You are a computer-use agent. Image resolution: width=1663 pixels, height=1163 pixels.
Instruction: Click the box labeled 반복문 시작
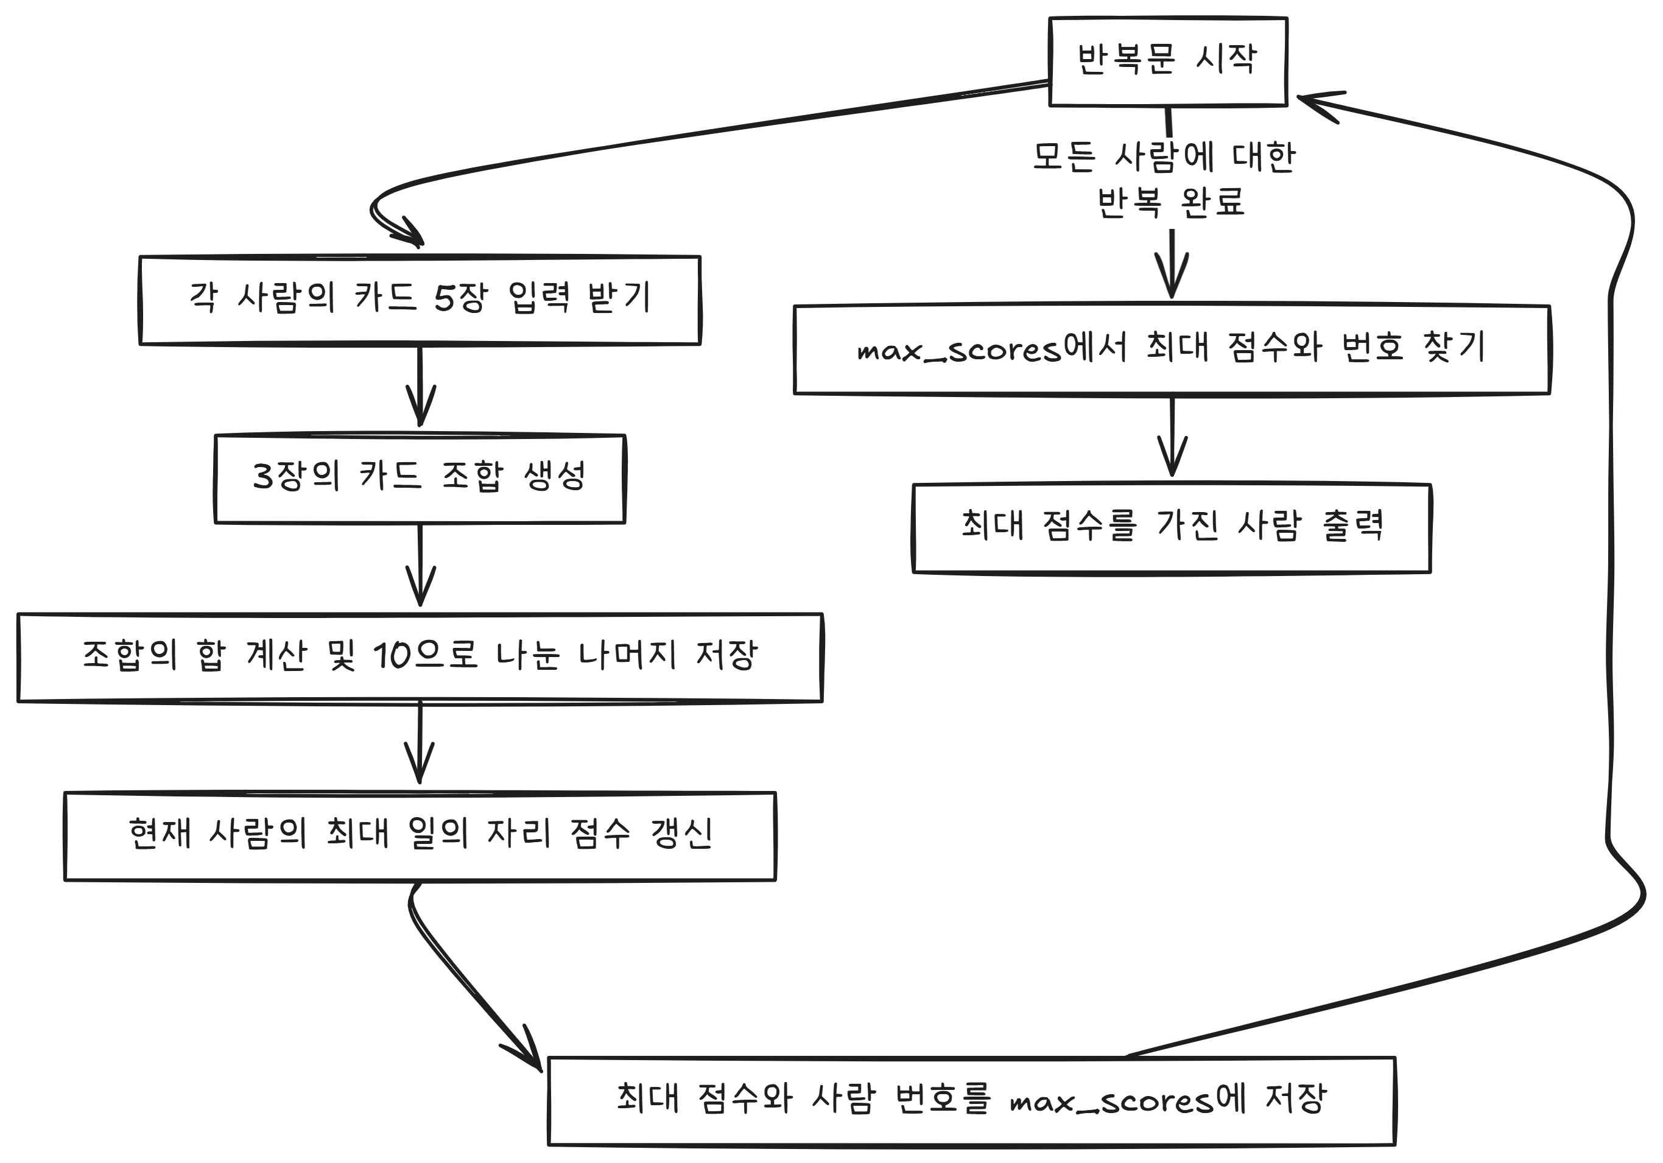(1167, 61)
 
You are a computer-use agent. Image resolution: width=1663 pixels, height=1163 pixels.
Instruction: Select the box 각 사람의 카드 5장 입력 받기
(420, 300)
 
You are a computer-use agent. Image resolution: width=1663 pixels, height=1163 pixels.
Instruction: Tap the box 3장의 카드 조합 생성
(420, 479)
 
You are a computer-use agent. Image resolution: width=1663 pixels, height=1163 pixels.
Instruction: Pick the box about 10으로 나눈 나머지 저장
(420, 658)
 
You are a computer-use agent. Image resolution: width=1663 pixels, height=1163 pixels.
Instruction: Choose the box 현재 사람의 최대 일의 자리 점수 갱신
(420, 837)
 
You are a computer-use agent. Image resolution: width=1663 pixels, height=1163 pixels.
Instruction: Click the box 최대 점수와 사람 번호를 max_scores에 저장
(971, 1102)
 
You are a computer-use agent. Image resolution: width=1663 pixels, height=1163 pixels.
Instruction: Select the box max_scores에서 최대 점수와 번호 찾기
(1171, 349)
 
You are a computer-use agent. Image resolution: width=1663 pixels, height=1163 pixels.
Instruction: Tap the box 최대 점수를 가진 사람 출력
(1171, 528)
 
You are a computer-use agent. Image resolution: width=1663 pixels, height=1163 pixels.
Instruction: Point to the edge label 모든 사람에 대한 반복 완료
(1164, 179)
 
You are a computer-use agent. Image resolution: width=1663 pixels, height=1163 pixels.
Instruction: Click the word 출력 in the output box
(1352, 525)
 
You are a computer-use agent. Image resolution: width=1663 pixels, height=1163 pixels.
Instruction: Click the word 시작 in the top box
(1226, 58)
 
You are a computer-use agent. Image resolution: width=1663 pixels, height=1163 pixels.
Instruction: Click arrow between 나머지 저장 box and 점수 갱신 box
(420, 745)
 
